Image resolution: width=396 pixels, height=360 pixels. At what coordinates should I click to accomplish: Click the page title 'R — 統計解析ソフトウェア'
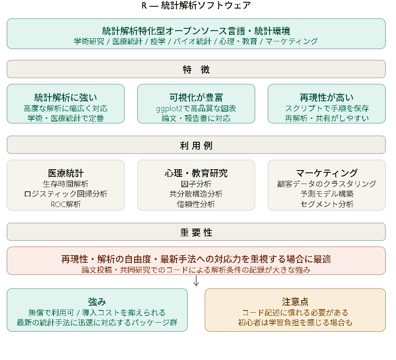196,5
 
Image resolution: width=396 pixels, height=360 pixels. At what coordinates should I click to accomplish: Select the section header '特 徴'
196,69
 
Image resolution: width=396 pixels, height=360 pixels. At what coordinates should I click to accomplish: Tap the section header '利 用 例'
196,145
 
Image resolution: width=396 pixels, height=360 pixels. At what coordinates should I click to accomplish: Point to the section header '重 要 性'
196,232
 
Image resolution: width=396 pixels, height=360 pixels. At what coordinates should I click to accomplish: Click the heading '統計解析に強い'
66,97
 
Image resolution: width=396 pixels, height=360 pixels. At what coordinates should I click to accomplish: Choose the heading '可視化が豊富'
196,97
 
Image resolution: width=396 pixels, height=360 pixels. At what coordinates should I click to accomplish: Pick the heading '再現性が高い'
327,97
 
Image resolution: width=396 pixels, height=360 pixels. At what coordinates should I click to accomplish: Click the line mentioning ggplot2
196,108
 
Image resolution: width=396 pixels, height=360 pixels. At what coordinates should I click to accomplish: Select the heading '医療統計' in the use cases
66,173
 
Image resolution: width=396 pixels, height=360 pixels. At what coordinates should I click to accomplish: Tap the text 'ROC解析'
66,204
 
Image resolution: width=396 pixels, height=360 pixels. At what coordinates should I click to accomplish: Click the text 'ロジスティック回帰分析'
66,194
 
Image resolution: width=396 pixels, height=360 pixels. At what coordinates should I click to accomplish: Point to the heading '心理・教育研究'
196,173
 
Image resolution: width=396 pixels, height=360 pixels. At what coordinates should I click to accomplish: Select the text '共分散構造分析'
196,194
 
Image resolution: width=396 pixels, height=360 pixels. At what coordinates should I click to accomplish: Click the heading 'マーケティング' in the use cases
327,173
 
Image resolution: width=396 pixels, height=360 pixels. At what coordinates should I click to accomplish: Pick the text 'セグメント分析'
327,204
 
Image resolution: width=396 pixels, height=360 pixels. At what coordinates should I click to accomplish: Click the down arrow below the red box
196,282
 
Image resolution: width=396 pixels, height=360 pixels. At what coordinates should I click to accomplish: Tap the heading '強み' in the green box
97,302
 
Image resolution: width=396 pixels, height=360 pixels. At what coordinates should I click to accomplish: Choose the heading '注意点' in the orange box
295,302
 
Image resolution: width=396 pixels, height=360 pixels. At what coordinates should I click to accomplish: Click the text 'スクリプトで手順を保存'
327,108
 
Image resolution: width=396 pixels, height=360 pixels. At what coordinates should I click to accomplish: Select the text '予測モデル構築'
327,194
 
